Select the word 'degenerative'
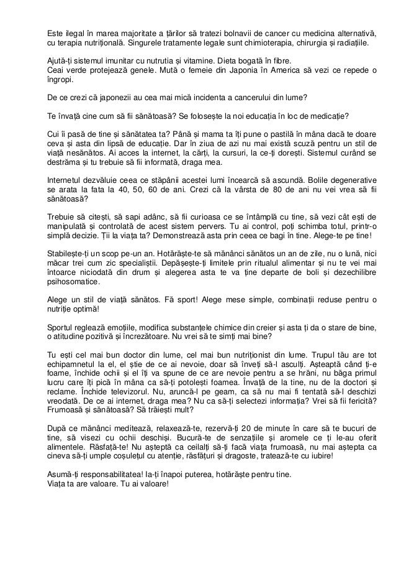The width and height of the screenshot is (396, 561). (x=353, y=179)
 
